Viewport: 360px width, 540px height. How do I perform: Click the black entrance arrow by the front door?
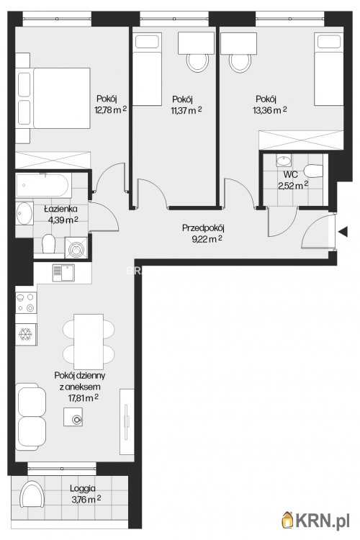point(343,232)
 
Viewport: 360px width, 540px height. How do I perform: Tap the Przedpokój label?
point(203,228)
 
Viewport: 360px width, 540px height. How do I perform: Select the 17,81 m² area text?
point(84,398)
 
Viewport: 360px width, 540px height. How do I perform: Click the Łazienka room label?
point(60,209)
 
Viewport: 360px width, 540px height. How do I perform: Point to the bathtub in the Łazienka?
point(43,185)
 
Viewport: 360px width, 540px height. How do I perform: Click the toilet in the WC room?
point(313,171)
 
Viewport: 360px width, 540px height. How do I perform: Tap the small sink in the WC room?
point(284,161)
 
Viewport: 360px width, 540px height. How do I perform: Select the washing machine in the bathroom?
point(76,247)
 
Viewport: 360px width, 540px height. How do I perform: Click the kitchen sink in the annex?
point(63,273)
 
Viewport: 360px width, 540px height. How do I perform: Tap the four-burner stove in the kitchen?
point(26,302)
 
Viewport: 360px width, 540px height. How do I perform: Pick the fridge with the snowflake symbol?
point(26,334)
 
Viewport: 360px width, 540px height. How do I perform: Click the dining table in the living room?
point(89,341)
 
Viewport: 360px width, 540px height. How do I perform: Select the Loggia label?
point(83,488)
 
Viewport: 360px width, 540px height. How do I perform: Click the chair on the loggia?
point(32,494)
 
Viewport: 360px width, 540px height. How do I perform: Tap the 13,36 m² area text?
point(270,110)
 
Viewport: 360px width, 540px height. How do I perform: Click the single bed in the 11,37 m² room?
point(147,69)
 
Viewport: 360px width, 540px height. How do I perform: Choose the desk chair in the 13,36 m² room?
point(240,62)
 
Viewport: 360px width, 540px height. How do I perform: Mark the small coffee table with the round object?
point(73,417)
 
